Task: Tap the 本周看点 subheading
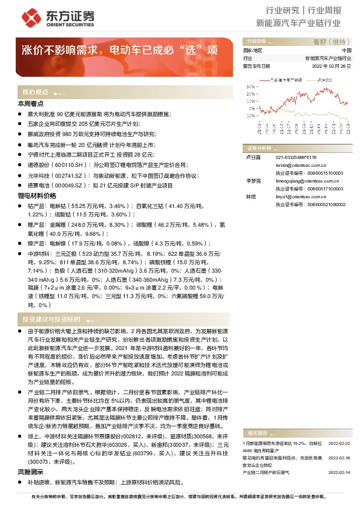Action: coord(30,105)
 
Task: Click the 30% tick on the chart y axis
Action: coord(252,86)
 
